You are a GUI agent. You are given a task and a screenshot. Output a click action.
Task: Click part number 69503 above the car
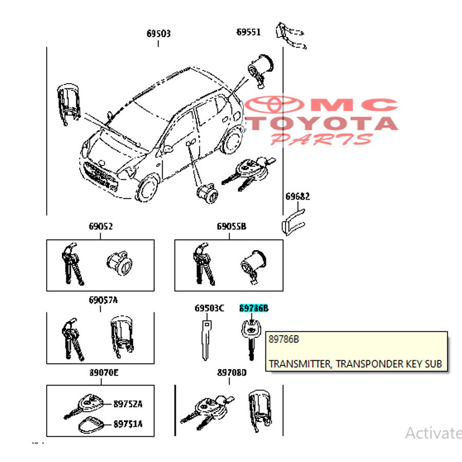click(x=158, y=34)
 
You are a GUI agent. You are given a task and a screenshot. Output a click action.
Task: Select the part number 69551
click(x=248, y=32)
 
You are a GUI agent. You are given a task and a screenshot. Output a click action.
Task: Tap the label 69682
click(x=298, y=196)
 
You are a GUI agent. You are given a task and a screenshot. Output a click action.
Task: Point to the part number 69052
click(x=100, y=226)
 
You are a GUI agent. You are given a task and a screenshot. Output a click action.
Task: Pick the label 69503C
click(x=209, y=309)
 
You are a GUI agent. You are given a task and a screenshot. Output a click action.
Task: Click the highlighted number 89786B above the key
click(x=254, y=309)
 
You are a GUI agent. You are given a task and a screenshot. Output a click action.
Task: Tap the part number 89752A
click(x=128, y=404)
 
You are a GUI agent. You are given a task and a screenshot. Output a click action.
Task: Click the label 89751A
click(x=128, y=424)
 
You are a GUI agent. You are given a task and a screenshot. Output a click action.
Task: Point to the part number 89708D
click(x=232, y=373)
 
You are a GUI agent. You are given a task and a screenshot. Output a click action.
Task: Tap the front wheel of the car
click(x=148, y=189)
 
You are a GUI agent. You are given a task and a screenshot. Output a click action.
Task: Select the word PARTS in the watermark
click(x=321, y=139)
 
